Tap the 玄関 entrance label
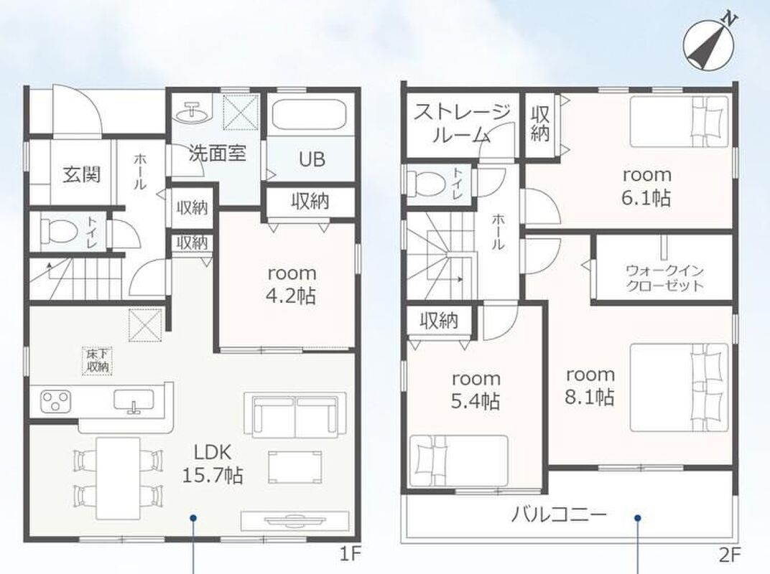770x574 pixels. [82, 174]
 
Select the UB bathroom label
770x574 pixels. [312, 159]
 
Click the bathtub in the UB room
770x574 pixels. [310, 114]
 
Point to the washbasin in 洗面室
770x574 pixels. [192, 113]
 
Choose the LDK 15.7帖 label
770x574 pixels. [212, 463]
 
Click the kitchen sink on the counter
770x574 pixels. [134, 400]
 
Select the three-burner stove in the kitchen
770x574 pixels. [55, 400]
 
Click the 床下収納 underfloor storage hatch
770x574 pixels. [97, 361]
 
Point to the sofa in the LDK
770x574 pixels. [294, 415]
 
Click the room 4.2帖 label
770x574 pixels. [292, 285]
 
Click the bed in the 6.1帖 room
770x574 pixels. [679, 121]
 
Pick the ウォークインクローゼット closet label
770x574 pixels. [665, 278]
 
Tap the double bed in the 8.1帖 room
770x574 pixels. [679, 387]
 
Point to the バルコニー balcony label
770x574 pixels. [559, 515]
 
